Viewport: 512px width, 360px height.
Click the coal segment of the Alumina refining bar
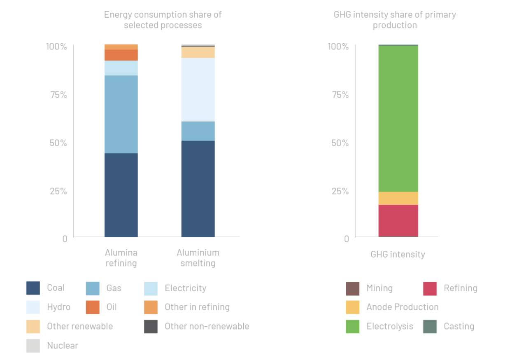(x=121, y=195)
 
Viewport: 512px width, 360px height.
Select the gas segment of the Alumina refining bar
(x=121, y=114)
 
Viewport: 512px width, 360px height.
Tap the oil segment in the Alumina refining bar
(x=121, y=55)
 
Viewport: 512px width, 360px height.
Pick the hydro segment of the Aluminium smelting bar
(x=198, y=89)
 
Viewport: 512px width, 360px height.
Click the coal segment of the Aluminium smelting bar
(x=198, y=189)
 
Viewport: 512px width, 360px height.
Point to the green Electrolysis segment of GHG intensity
(x=398, y=119)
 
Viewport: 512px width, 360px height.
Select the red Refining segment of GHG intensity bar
(x=398, y=220)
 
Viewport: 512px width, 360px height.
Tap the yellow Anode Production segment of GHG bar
(x=398, y=198)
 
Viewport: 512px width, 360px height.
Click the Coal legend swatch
(x=33, y=288)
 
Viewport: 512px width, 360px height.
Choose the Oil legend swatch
(x=93, y=307)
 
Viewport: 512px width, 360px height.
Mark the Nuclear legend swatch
(x=33, y=346)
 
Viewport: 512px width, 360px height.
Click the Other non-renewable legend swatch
(x=151, y=326)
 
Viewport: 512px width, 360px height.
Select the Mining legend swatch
(x=352, y=288)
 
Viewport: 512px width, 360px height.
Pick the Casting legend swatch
(x=430, y=327)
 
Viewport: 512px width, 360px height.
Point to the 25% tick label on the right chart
(x=340, y=191)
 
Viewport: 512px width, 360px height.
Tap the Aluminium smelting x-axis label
(x=198, y=258)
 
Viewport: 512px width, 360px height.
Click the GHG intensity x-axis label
(x=398, y=254)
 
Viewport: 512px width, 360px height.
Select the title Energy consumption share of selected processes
(x=163, y=20)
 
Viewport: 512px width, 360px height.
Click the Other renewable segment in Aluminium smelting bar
(x=198, y=52)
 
